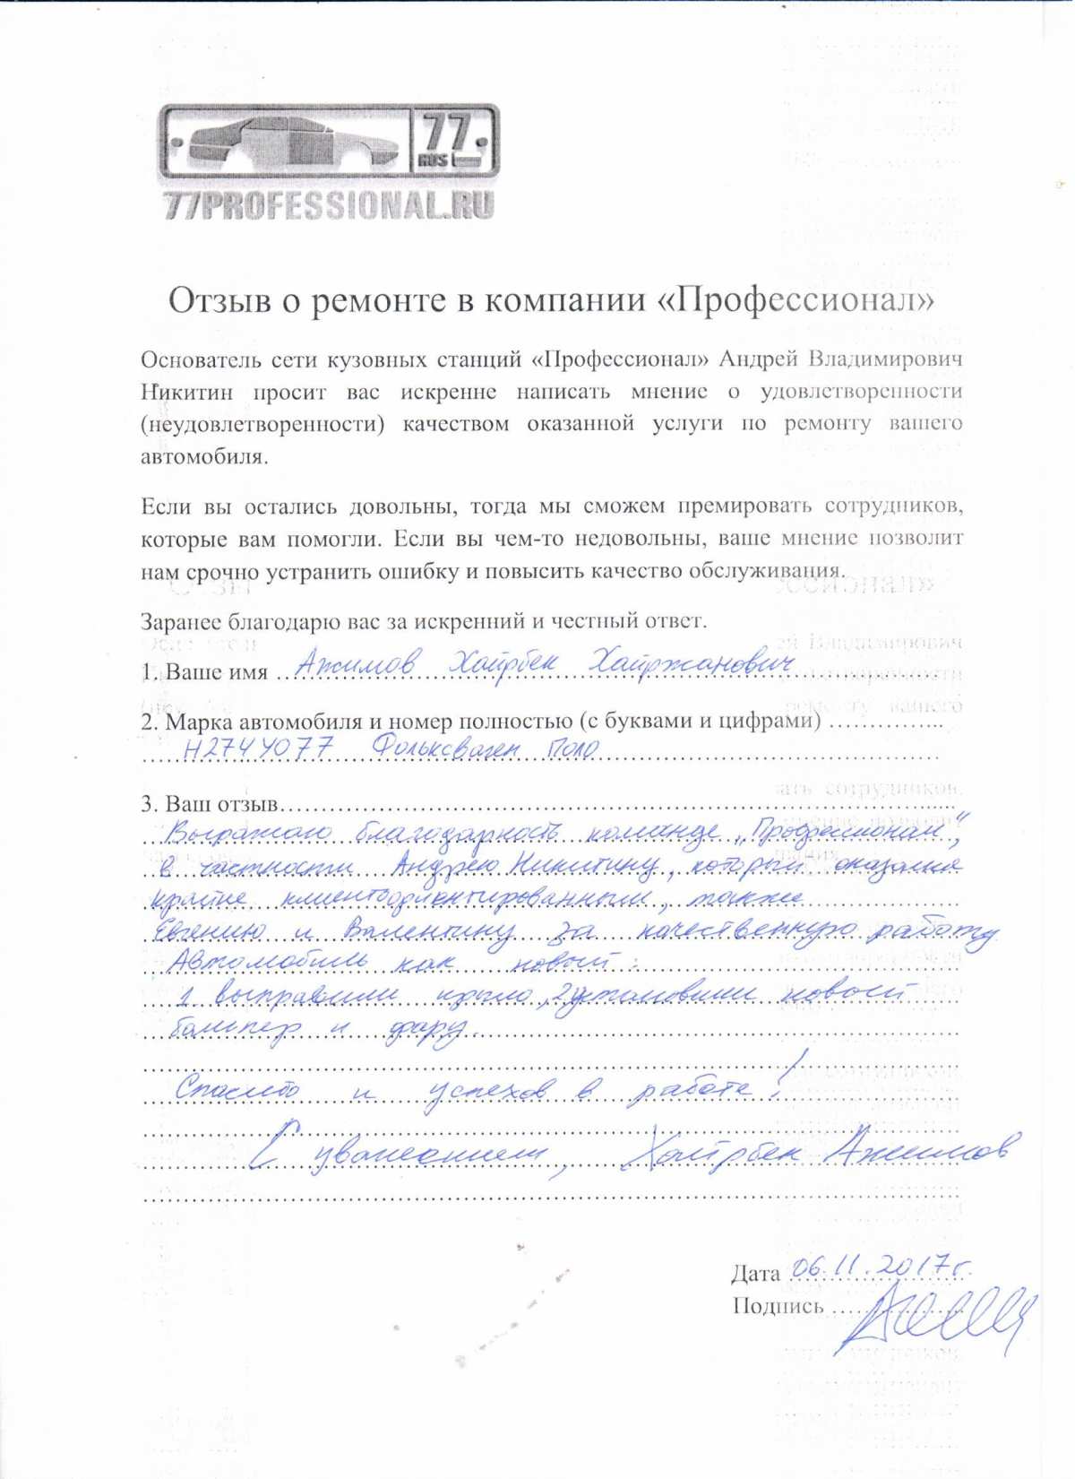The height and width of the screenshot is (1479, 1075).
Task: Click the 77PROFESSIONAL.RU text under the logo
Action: pyautogui.click(x=329, y=205)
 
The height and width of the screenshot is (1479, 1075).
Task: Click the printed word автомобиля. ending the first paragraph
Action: pyautogui.click(x=204, y=457)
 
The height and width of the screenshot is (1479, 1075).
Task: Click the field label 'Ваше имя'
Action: pyautogui.click(x=216, y=672)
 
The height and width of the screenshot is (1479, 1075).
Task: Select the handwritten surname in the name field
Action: pyautogui.click(x=357, y=664)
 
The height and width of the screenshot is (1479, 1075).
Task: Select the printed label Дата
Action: pyautogui.click(x=755, y=1274)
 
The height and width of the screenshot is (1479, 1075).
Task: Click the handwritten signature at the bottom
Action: pyautogui.click(x=936, y=1315)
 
